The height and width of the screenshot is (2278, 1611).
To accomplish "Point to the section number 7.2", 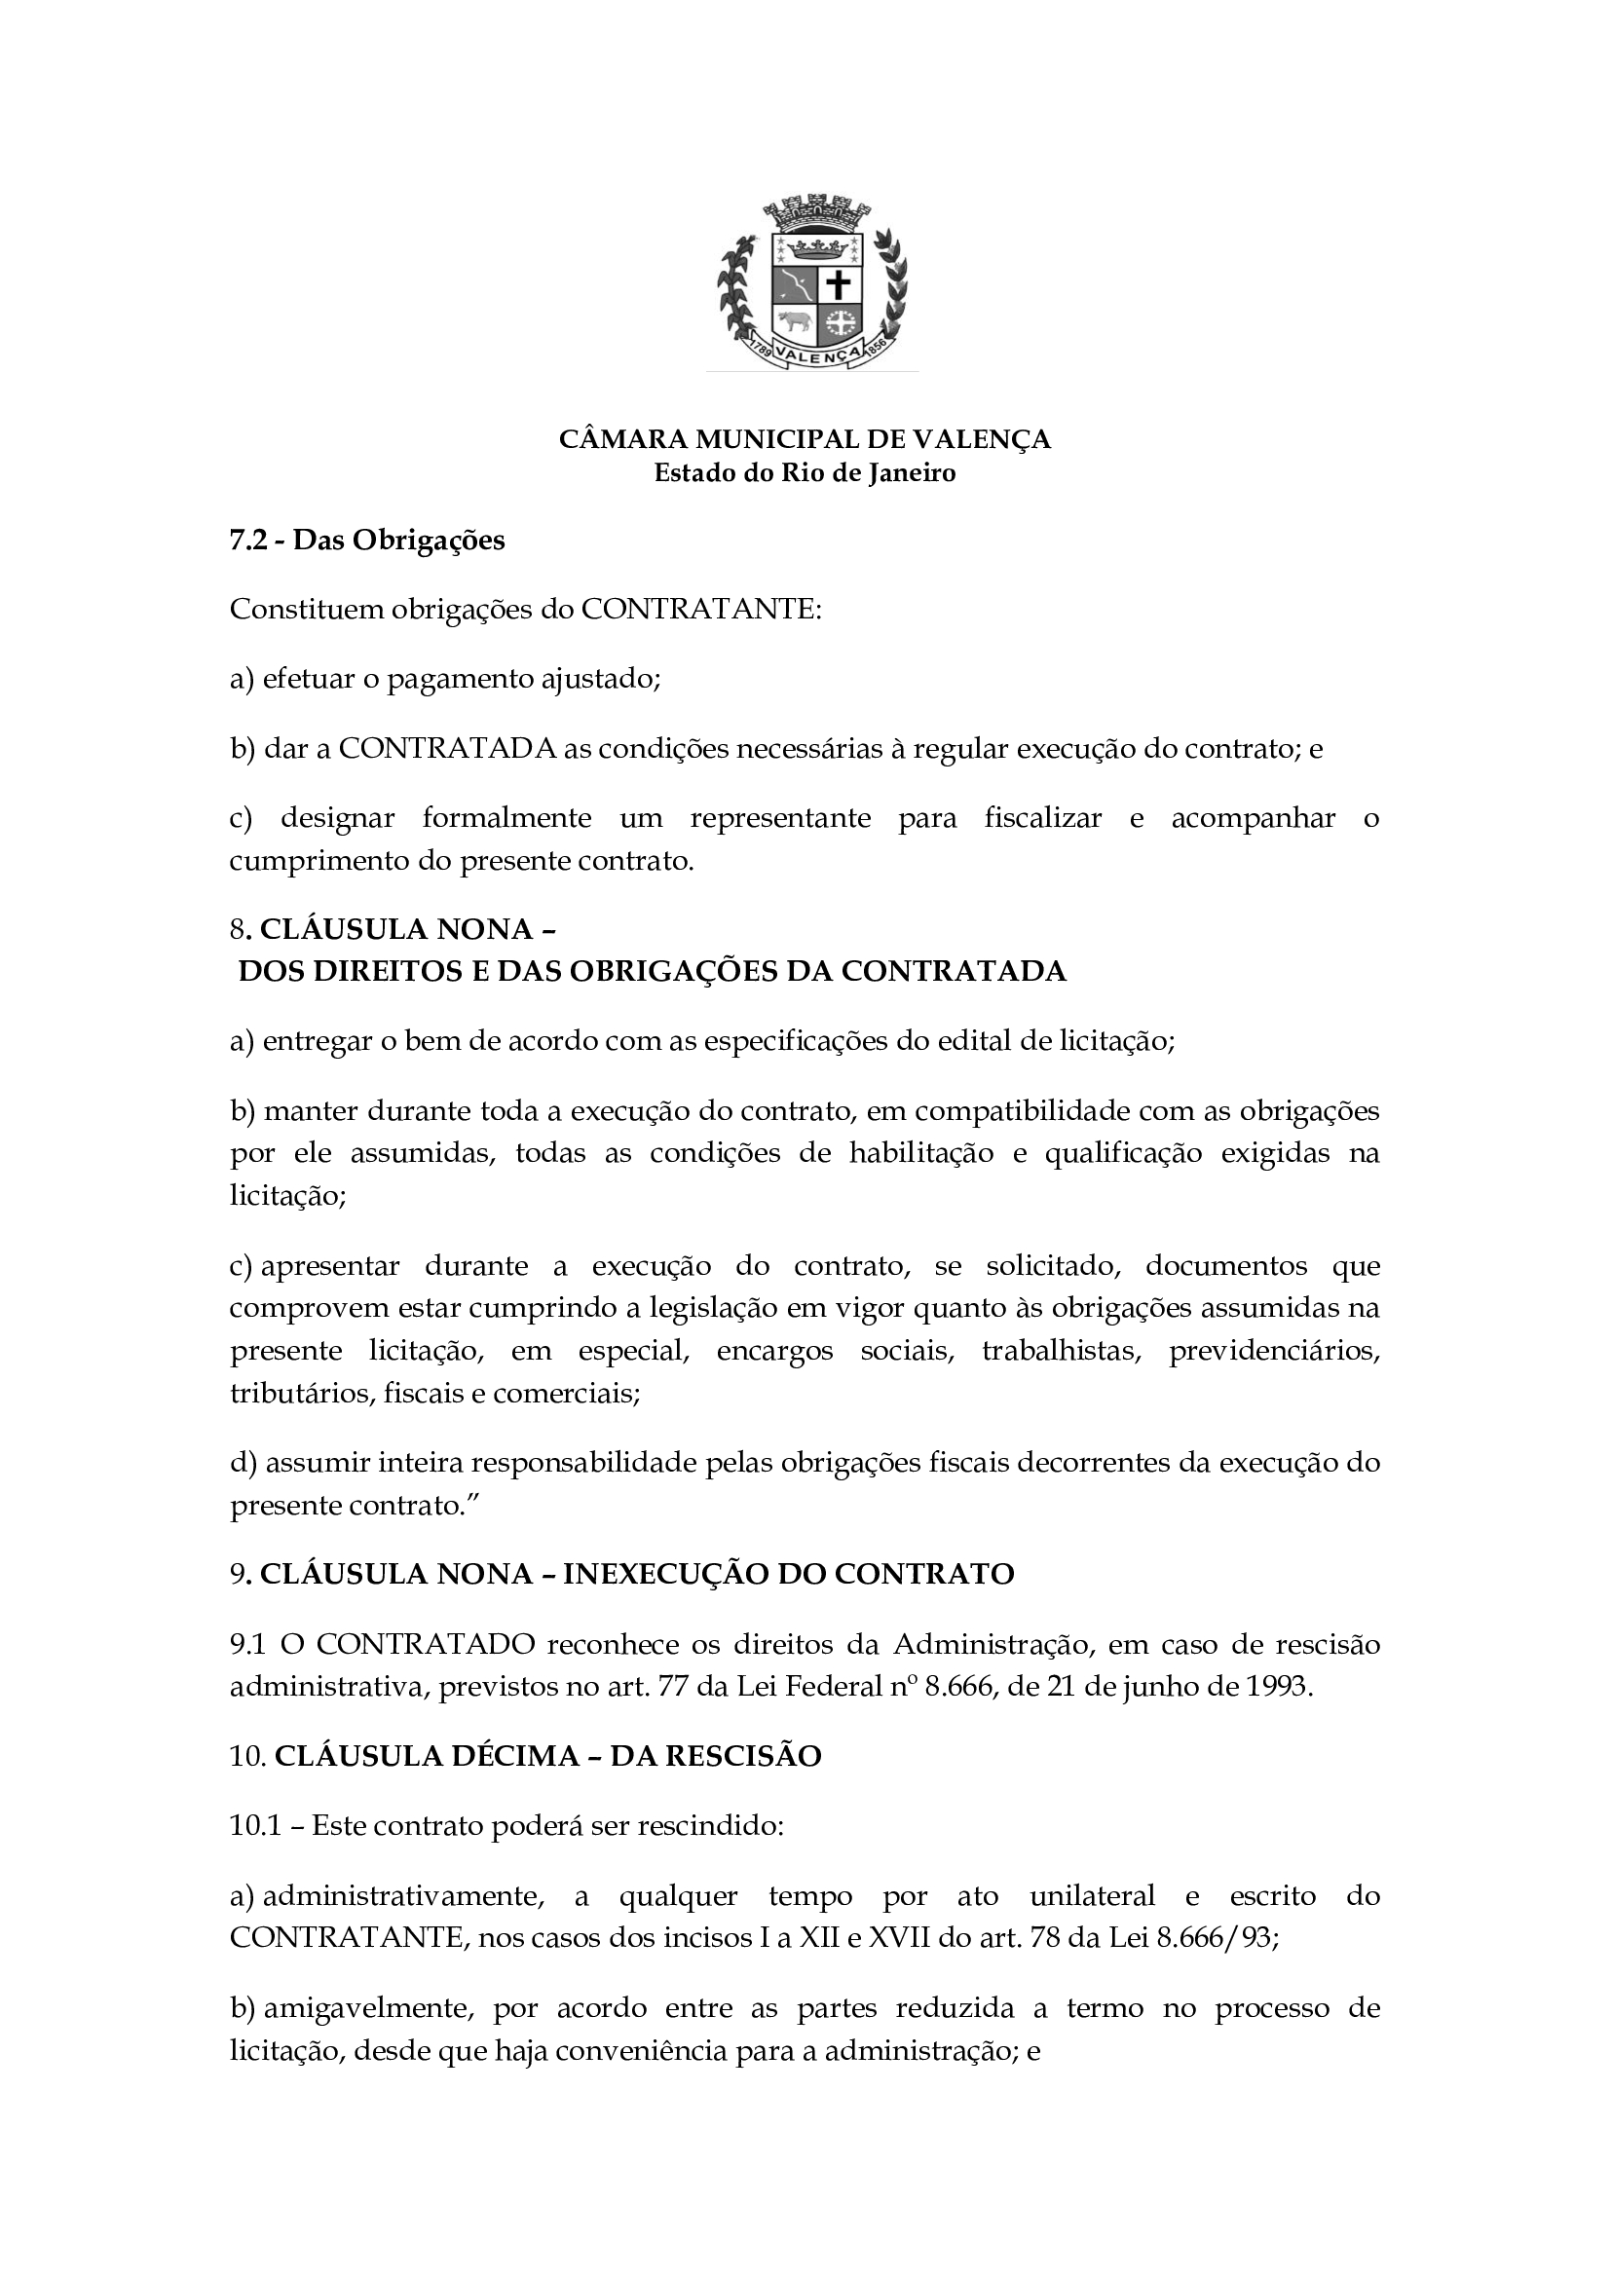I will click(x=248, y=541).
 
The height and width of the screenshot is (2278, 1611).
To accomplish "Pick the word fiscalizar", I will click(x=1042, y=818).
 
